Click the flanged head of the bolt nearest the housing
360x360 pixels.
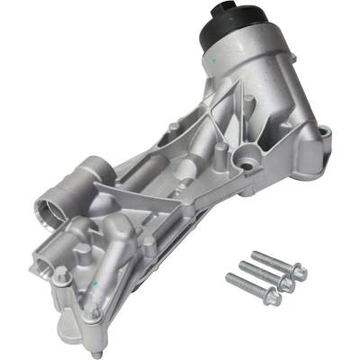(x=297, y=271)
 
